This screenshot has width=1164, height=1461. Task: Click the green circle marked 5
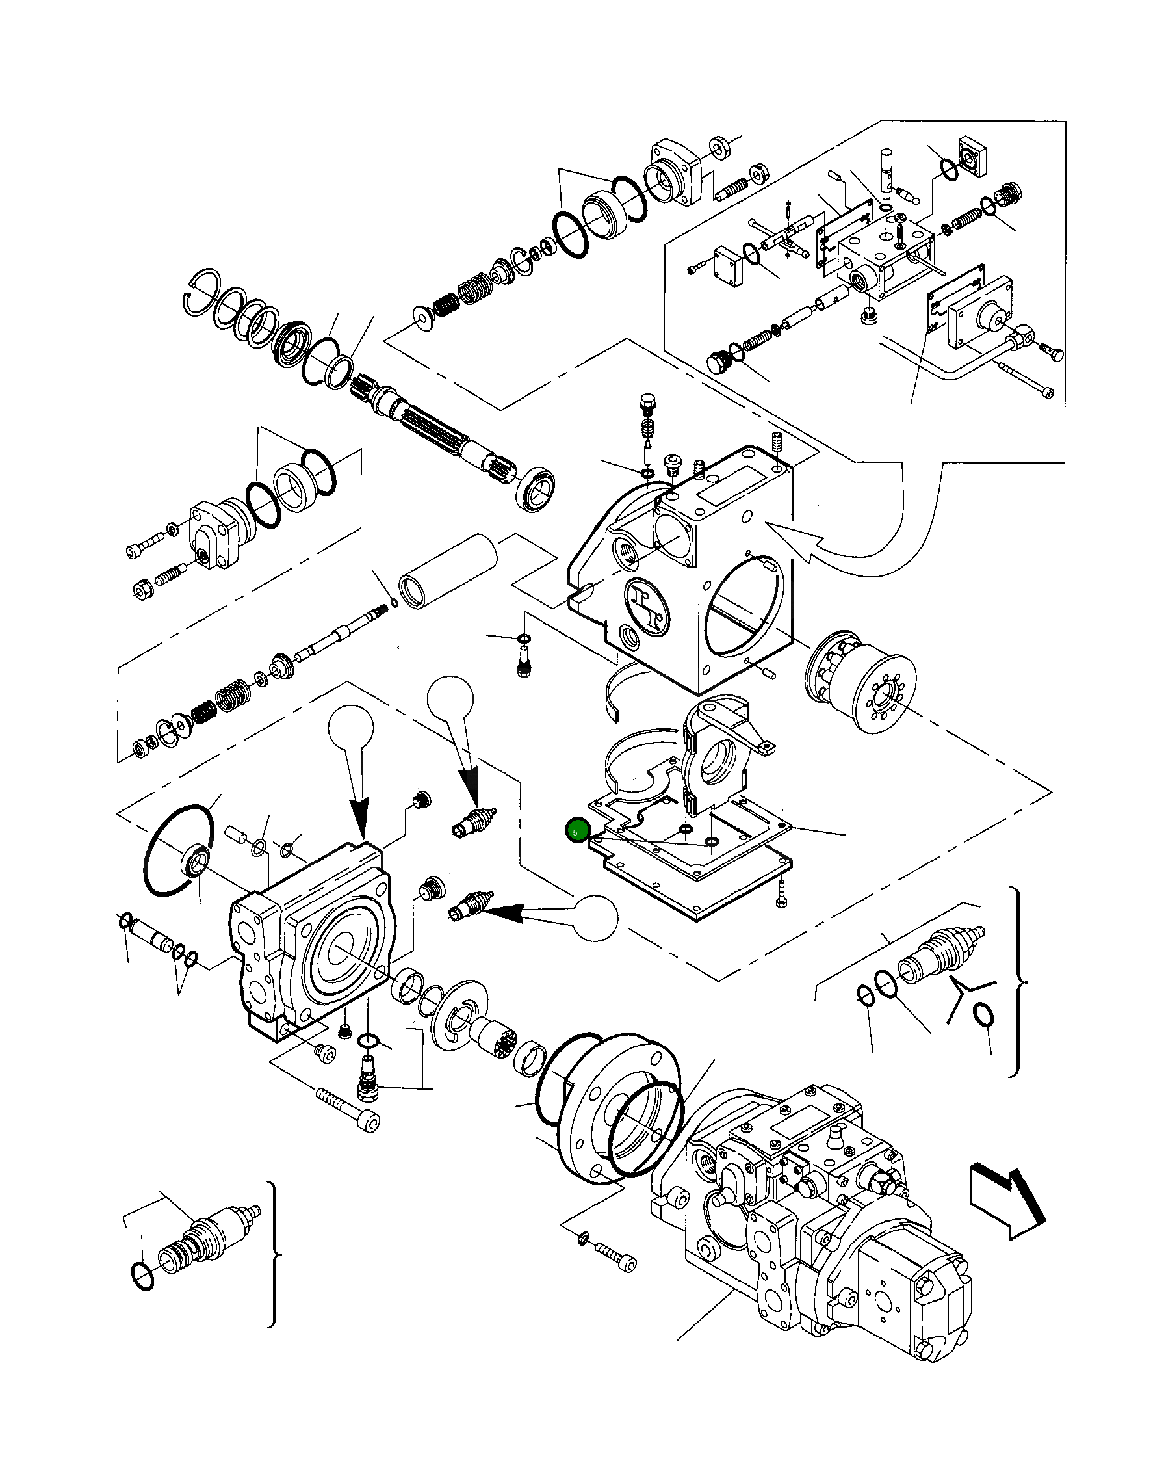[576, 832]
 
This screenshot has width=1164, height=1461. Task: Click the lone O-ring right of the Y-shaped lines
[984, 1016]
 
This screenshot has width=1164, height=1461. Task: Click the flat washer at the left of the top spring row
[424, 317]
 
